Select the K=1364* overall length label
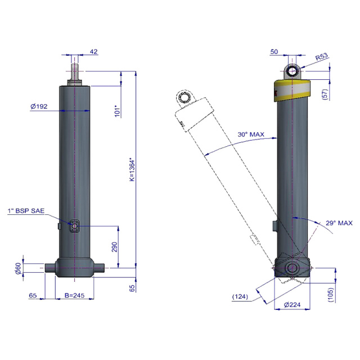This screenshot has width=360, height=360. click(132, 169)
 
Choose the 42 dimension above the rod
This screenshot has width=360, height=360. click(93, 52)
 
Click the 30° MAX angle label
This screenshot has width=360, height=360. click(250, 134)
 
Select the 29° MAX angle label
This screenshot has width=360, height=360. click(339, 223)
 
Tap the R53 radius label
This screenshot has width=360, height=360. click(322, 57)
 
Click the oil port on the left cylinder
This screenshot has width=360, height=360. click(75, 226)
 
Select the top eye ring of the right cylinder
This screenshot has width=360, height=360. click(291, 71)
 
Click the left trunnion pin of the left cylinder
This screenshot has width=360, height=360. click(50, 268)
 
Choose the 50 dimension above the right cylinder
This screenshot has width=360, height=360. click(274, 52)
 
